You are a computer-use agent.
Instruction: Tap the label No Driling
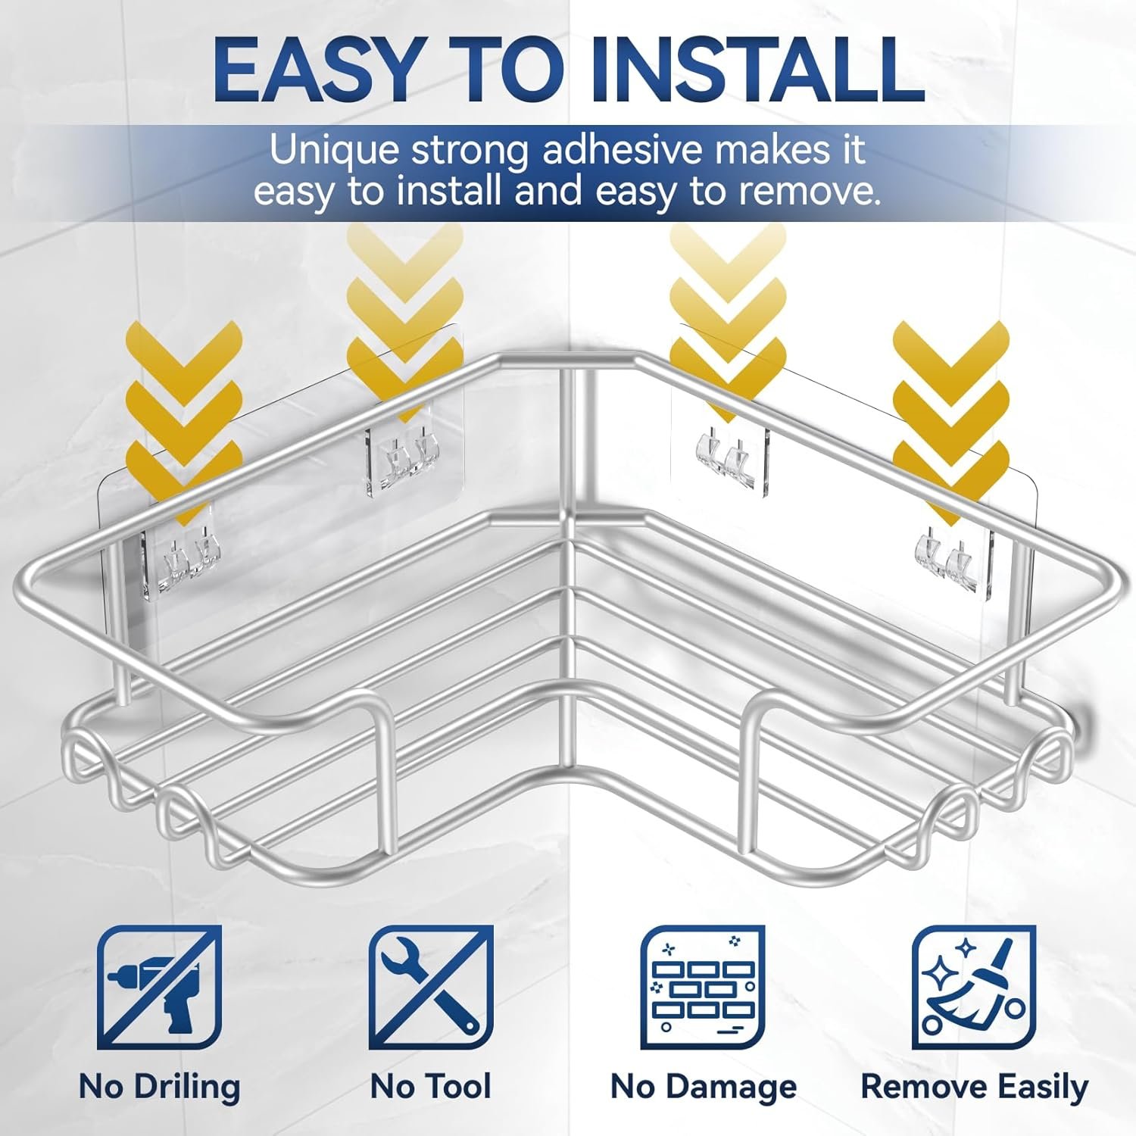(x=160, y=1088)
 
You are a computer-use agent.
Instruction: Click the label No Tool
(x=431, y=1087)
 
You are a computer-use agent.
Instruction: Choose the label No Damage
(x=704, y=1088)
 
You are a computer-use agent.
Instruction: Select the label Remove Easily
(x=975, y=1088)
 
